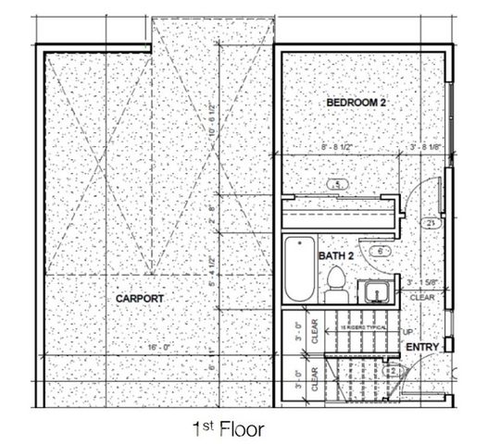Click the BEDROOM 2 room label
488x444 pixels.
tap(356, 103)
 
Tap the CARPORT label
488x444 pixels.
tap(141, 299)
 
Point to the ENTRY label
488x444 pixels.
tap(423, 347)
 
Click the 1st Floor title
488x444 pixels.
tap(228, 429)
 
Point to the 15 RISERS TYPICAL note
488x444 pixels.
tap(362, 329)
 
